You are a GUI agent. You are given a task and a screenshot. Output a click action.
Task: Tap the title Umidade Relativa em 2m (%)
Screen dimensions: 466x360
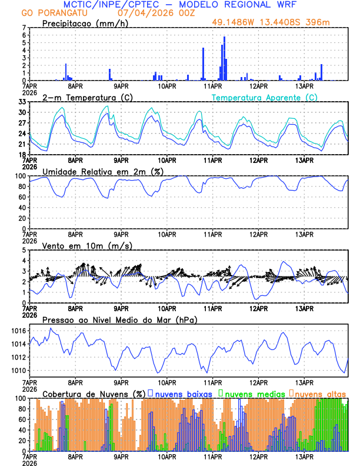coord(102,171)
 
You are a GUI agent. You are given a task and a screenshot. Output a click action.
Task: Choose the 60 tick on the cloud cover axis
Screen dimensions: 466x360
coord(21,420)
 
